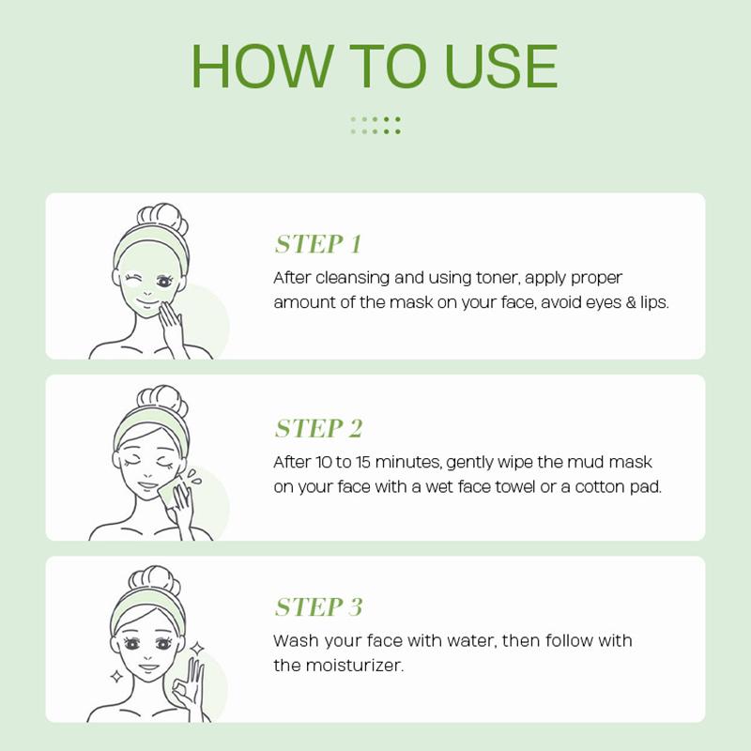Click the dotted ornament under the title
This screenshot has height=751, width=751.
[375, 125]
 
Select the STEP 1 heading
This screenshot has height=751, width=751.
[317, 245]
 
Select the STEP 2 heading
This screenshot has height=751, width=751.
[318, 429]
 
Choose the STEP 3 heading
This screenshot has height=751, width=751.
[318, 607]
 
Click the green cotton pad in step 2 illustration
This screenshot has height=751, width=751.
[168, 492]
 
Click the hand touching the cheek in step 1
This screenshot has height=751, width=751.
[173, 325]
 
